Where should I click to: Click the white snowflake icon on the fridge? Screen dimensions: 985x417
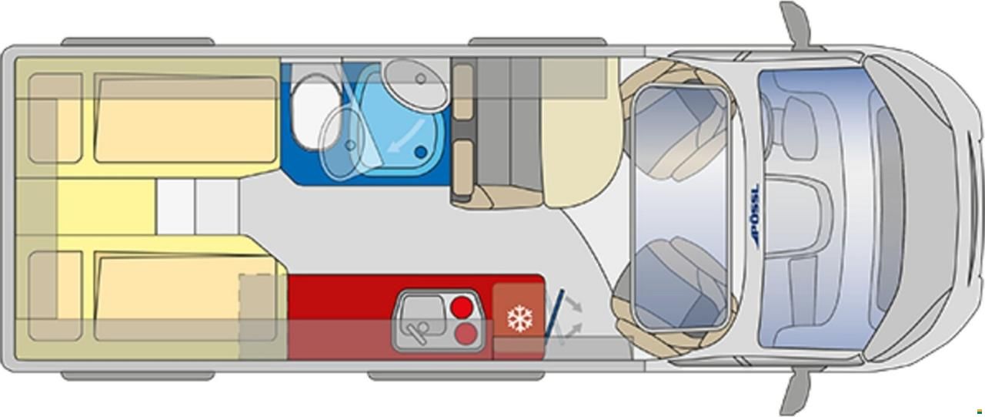pos(519,319)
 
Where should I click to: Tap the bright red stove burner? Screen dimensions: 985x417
pos(462,307)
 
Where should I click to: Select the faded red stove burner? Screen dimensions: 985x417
pos(466,335)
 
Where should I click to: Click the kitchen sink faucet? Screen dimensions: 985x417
pos(418,330)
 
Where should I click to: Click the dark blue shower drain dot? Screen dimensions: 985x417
pos(421,153)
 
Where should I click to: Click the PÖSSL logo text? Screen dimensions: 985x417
pos(755,215)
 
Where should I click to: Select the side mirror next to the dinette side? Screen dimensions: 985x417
pos(796,24)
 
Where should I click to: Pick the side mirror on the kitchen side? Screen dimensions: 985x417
pos(796,392)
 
